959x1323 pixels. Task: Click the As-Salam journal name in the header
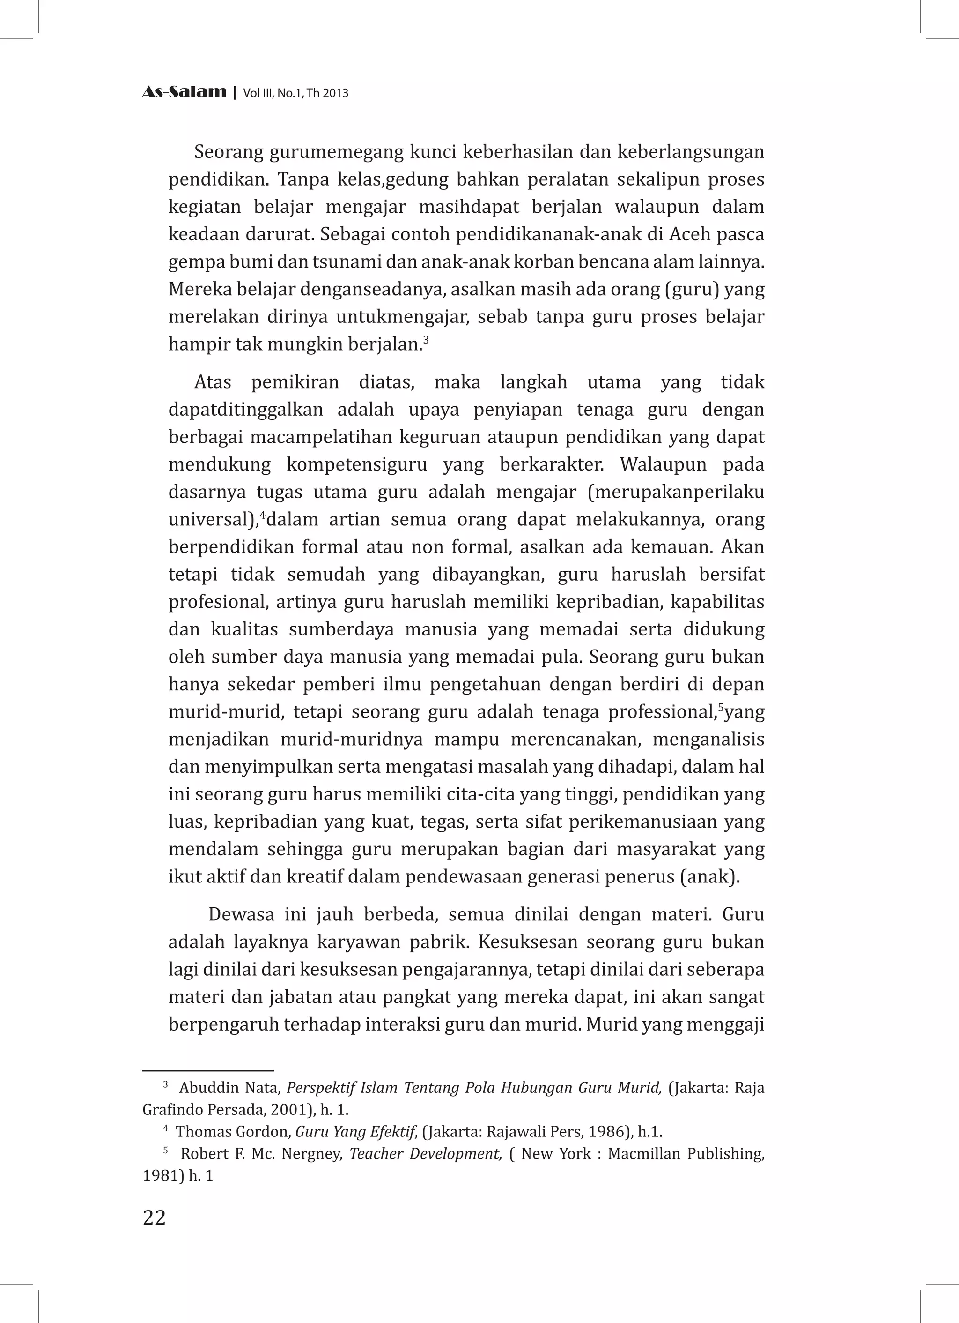184,92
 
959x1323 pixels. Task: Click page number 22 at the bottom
154,1218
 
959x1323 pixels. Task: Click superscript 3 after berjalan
426,339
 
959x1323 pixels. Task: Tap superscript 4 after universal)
262,515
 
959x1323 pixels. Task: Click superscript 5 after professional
721,708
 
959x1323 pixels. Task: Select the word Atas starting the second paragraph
212,383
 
